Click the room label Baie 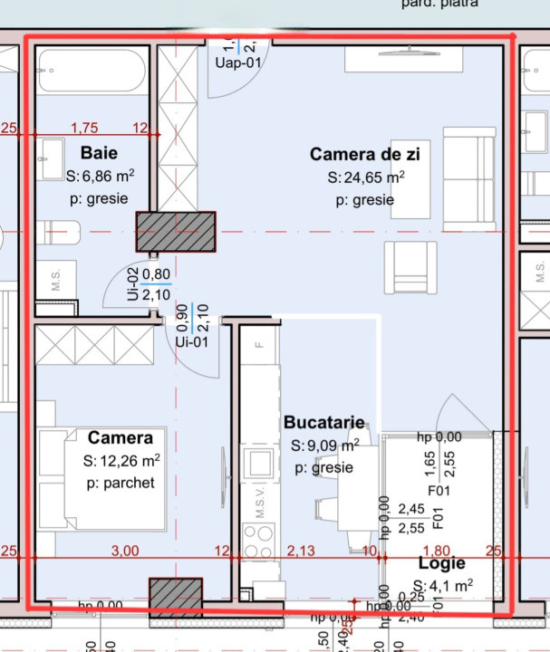coord(98,151)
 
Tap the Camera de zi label coord(364,154)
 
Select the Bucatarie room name coord(323,422)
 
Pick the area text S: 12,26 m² coord(121,461)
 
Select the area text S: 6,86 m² coord(100,176)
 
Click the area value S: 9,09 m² coord(324,446)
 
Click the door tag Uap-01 coord(236,62)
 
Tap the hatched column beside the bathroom coord(176,231)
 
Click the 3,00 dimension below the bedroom coord(124,551)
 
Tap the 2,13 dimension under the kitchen coord(301,551)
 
